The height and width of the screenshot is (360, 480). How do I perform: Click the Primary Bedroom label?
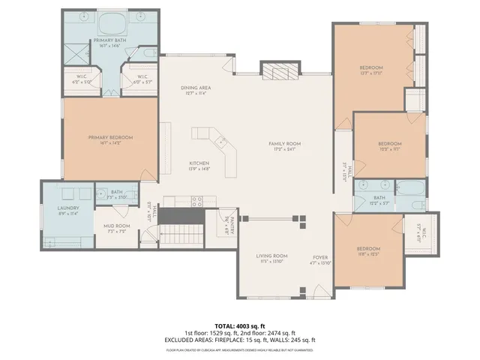110,137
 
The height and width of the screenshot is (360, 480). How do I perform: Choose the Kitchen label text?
198,163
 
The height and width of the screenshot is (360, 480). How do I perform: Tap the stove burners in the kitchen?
197,200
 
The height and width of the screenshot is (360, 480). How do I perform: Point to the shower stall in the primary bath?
75,55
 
